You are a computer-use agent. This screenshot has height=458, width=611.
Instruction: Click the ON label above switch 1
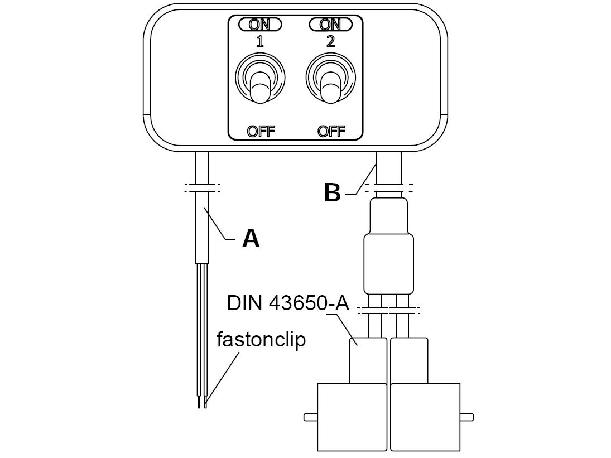pyautogui.click(x=260, y=25)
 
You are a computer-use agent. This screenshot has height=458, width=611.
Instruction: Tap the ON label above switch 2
pyautogui.click(x=330, y=25)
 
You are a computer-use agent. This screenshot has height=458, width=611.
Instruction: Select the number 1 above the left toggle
pyautogui.click(x=260, y=41)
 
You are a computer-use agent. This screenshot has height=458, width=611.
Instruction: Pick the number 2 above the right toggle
pyautogui.click(x=330, y=41)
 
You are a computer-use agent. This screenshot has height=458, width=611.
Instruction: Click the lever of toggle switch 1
pyautogui.click(x=260, y=89)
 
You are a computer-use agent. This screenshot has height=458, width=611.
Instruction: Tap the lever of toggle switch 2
pyautogui.click(x=330, y=89)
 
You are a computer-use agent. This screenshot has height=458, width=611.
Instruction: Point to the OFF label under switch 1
pyautogui.click(x=261, y=131)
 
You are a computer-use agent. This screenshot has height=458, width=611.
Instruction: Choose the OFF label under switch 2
pyautogui.click(x=331, y=131)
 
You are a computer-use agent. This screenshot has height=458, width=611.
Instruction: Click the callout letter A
pyautogui.click(x=251, y=239)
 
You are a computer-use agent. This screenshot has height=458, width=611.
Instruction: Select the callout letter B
pyautogui.click(x=332, y=193)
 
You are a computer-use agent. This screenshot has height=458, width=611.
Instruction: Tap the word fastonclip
pyautogui.click(x=261, y=339)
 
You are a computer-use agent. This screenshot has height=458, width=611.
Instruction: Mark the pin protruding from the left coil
pyautogui.click(x=310, y=417)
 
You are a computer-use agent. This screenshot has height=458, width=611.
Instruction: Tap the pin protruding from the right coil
pyautogui.click(x=467, y=417)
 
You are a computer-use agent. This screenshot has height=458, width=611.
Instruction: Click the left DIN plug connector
pyautogui.click(x=368, y=360)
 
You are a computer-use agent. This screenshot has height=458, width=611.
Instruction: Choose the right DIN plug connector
pyautogui.click(x=410, y=360)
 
